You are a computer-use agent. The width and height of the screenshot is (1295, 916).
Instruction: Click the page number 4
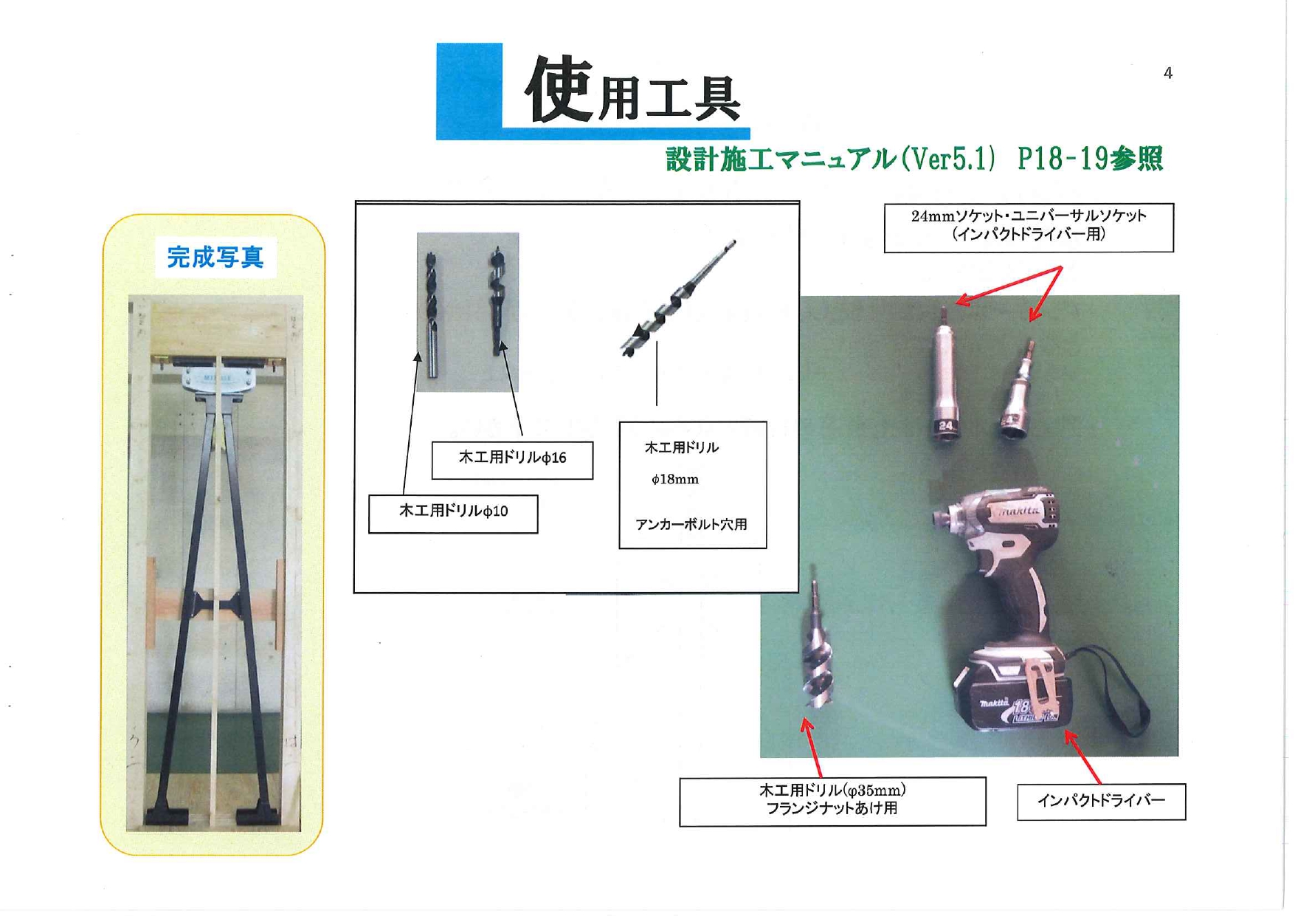tap(1167, 73)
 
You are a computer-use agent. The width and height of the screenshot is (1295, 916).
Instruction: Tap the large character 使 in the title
tap(559, 89)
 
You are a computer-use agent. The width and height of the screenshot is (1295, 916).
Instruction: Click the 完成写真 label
tap(215, 257)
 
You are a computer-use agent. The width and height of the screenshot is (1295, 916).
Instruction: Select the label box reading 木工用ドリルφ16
tap(512, 460)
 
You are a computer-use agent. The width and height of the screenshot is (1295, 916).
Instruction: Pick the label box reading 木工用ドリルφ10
tap(453, 514)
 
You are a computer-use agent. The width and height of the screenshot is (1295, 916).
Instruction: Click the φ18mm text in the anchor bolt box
tap(674, 480)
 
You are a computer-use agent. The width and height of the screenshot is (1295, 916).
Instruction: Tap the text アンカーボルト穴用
tap(691, 524)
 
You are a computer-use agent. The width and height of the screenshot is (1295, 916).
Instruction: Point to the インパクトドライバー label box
tap(1101, 802)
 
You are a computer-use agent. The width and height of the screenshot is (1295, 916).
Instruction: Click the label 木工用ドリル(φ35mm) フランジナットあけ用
tap(832, 801)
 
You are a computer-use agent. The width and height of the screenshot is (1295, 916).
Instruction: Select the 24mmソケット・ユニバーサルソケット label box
tap(1029, 228)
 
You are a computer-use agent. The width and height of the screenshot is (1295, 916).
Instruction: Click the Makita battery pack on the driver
tap(1011, 689)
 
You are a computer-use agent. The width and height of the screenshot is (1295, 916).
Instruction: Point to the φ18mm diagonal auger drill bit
tap(677, 299)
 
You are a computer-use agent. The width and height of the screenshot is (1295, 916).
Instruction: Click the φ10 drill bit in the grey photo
tap(431, 314)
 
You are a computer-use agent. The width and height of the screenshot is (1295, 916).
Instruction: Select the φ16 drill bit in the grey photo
tap(497, 301)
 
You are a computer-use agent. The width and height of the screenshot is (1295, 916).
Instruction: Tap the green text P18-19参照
tap(1090, 159)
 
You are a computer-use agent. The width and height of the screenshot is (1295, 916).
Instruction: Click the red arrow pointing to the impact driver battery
tap(1082, 757)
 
